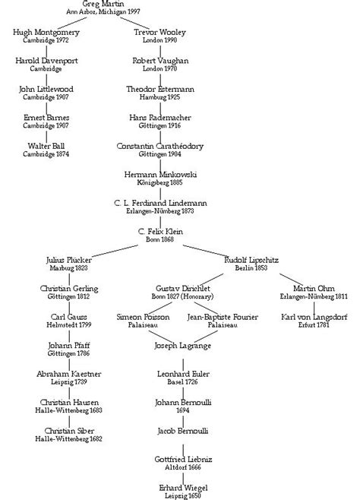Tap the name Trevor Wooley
159,31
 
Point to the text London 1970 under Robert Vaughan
159,68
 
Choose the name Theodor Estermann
159,89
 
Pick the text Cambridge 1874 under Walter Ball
47,154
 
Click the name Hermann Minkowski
159,175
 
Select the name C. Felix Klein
159,231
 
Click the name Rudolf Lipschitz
251,261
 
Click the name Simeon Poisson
144,317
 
